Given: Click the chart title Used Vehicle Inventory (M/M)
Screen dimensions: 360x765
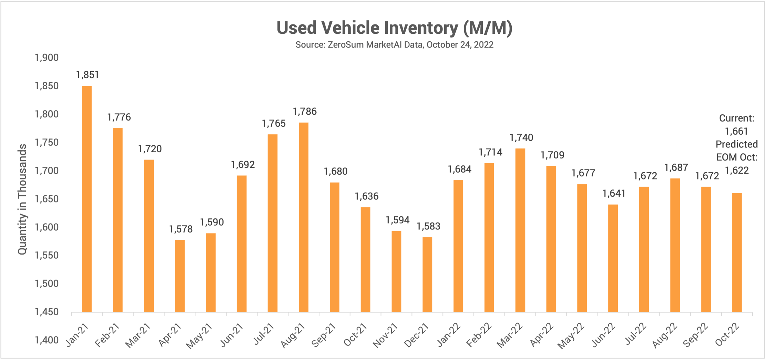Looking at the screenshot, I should [x=394, y=28].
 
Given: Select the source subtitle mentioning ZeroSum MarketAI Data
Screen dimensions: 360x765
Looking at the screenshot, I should [x=394, y=45].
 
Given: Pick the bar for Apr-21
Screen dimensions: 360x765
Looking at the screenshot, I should [x=180, y=276].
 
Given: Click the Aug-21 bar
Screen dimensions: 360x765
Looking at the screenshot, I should [x=304, y=217].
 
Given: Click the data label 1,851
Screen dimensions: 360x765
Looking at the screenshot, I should [x=88, y=75].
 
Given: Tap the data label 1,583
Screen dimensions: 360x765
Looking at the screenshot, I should [x=428, y=226].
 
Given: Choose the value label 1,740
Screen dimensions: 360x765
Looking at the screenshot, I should [x=521, y=138].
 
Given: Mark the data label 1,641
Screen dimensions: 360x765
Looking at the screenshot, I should [x=614, y=194].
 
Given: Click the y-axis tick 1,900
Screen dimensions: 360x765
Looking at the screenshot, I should [x=47, y=58].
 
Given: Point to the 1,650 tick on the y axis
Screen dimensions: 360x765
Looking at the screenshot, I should [x=47, y=199].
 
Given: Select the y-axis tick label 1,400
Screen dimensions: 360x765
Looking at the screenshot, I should [x=47, y=340].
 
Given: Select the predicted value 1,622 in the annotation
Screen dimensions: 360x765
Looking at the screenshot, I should [x=737, y=171].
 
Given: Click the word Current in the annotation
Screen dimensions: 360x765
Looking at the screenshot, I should [x=736, y=118].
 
